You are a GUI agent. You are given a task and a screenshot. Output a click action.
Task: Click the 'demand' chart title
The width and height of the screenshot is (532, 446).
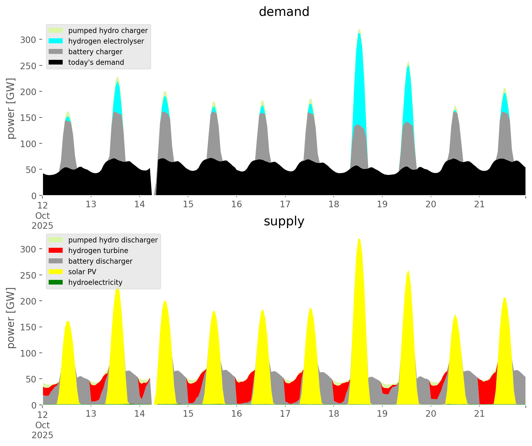point(284,12)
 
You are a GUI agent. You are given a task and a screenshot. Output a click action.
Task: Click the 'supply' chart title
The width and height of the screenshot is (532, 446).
point(284,221)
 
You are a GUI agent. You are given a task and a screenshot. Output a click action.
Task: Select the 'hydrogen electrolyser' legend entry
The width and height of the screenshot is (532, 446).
point(106,41)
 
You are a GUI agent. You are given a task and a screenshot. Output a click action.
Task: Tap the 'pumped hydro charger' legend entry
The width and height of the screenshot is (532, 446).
point(108,31)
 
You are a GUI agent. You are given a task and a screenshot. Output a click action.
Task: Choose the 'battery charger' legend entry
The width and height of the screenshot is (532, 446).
point(95,52)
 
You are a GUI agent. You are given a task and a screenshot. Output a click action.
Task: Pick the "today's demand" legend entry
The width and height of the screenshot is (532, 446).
point(96,62)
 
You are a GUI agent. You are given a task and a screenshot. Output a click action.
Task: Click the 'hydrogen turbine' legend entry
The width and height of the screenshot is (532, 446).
point(98,251)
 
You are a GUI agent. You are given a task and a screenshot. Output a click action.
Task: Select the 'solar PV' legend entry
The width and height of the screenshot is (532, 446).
point(82,272)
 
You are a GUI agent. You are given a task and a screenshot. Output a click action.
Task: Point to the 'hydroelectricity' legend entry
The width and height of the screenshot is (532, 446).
point(95,282)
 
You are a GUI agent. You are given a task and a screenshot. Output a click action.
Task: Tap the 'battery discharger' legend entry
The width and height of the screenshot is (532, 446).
point(100,261)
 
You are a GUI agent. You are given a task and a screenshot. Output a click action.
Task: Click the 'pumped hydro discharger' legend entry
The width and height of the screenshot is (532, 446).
point(113,240)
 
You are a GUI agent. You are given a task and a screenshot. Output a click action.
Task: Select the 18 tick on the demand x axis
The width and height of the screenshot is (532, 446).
point(334,204)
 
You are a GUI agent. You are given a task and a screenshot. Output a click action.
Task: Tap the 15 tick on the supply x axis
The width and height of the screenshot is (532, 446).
point(188,414)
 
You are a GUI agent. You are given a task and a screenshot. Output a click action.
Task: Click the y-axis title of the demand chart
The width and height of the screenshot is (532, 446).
point(11,108)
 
